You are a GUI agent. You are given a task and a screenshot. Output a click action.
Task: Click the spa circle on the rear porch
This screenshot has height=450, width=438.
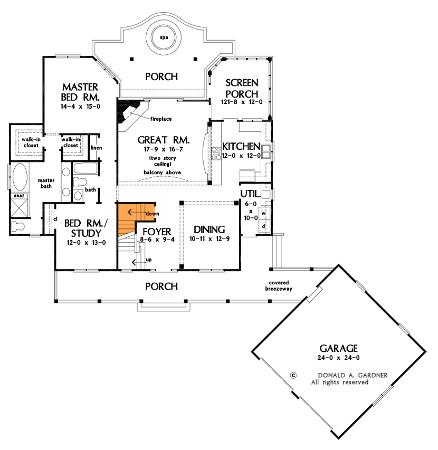(164, 37)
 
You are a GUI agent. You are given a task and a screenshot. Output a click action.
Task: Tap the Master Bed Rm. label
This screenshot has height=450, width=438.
(81, 92)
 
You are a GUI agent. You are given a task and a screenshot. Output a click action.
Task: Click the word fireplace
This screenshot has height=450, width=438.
(161, 119)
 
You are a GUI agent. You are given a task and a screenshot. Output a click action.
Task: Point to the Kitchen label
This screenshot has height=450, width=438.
(241, 146)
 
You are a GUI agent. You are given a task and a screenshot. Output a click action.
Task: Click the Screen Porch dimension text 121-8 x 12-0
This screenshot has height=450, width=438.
(242, 102)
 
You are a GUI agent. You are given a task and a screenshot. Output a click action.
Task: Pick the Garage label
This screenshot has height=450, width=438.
(338, 348)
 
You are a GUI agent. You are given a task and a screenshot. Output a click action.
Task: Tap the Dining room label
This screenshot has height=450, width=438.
(209, 229)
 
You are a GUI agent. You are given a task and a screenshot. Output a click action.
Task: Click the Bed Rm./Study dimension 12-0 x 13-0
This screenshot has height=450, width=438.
(86, 243)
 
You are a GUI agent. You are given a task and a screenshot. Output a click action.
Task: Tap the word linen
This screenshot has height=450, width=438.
(96, 148)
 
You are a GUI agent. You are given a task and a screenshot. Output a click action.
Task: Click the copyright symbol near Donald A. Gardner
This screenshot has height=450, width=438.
(293, 375)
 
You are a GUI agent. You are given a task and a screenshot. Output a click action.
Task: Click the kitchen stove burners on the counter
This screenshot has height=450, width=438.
(216, 154)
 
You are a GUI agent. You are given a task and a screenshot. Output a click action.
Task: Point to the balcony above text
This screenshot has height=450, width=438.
(163, 173)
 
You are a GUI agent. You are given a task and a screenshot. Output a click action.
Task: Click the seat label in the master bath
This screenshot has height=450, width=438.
(20, 196)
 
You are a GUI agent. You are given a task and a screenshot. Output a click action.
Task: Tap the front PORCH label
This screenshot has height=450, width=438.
(161, 286)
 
